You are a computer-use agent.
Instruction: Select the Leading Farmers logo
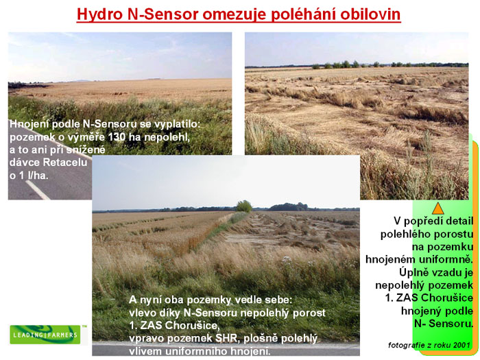point(45,335)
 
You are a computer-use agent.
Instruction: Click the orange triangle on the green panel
point(437,208)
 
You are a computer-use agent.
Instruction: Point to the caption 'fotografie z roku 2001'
point(429,346)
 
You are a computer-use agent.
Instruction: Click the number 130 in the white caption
point(117,137)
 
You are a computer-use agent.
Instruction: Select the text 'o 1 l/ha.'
point(29,176)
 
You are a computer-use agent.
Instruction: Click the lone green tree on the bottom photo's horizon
point(244,206)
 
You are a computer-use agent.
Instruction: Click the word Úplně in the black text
point(413,272)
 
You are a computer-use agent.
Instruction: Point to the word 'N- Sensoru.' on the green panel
point(444,324)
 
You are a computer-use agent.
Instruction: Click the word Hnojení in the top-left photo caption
point(29,124)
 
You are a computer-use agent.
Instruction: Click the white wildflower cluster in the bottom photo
point(287,260)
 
